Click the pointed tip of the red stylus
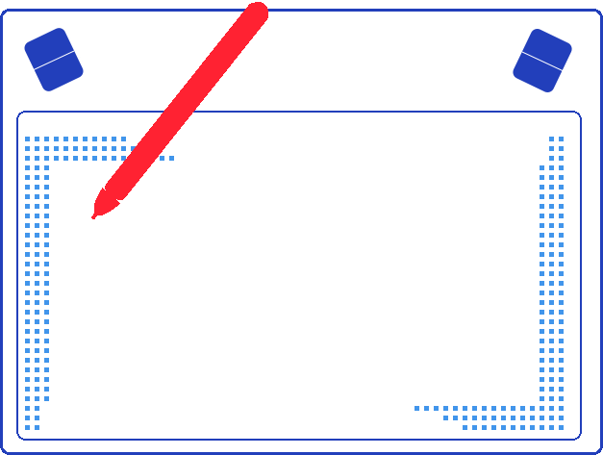94,216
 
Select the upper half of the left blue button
48,47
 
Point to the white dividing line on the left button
54,60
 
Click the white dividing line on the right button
542,60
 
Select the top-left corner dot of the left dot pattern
28,139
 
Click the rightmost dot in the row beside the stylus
172,158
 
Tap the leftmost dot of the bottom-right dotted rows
416,408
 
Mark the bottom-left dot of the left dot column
28,427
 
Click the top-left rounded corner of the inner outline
20,115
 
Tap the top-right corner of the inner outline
578,115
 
